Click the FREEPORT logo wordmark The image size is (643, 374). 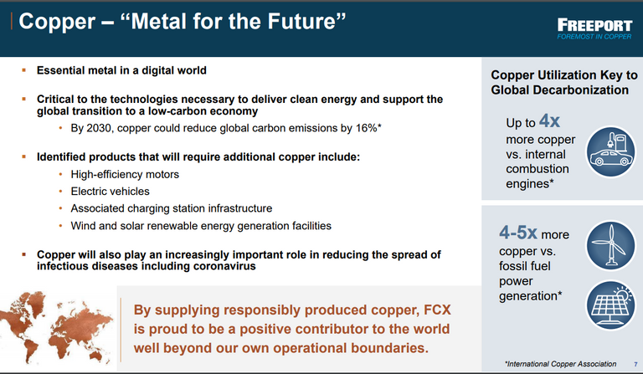click(x=594, y=25)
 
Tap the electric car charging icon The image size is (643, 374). click(x=610, y=151)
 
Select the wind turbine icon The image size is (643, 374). click(x=610, y=246)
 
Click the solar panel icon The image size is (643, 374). click(x=610, y=305)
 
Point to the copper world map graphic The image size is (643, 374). click(x=56, y=327)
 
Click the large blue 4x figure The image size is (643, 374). click(x=549, y=120)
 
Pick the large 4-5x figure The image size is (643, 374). click(x=518, y=233)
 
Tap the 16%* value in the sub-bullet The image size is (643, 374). click(x=368, y=128)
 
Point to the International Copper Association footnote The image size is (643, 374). click(x=560, y=364)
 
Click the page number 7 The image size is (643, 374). click(x=635, y=364)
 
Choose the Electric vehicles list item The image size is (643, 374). click(x=110, y=192)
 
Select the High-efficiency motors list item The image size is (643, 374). click(x=125, y=175)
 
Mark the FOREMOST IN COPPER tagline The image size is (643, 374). click(x=594, y=37)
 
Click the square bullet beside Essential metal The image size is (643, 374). click(x=23, y=70)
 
